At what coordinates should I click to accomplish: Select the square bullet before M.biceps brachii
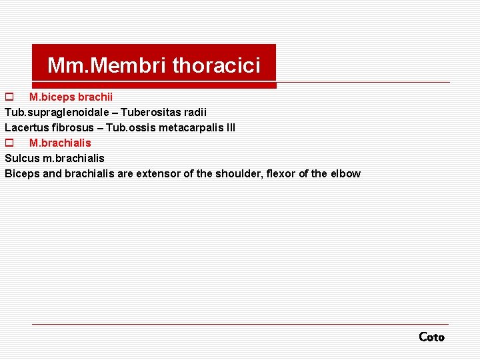(9, 97)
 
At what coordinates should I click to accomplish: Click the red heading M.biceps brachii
(71, 97)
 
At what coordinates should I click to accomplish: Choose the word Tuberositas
(146, 112)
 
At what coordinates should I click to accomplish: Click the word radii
(193, 112)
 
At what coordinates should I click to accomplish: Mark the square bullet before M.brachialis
(9, 143)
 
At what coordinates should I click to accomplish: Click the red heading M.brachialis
(60, 143)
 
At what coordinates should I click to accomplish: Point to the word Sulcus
(21, 158)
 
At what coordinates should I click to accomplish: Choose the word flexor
(281, 173)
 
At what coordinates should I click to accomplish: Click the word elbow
(345, 173)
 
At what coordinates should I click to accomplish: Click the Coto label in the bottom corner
(431, 337)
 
